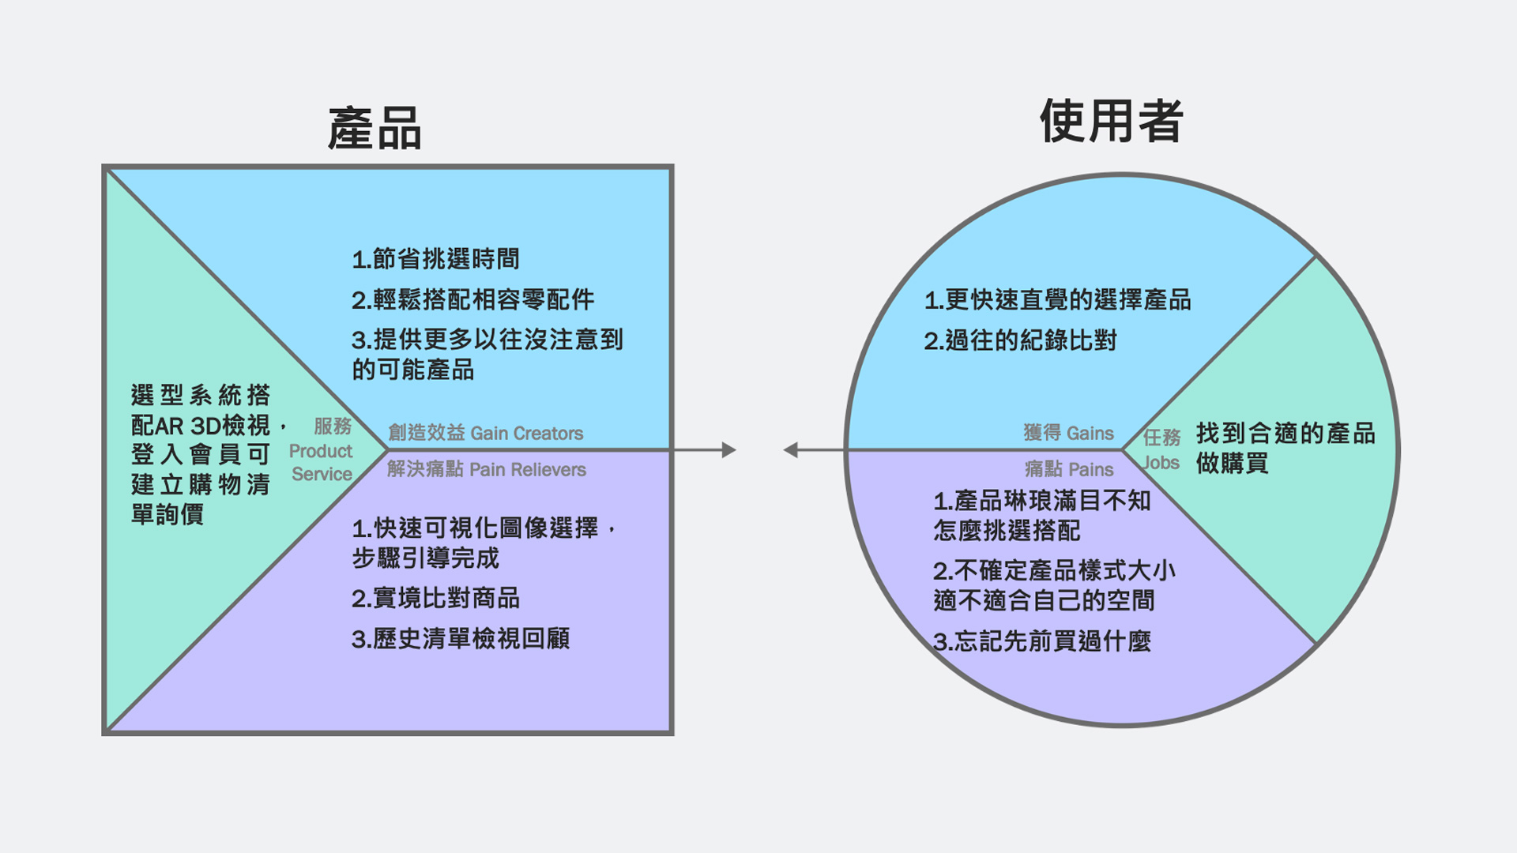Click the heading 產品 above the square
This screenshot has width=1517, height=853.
pyautogui.click(x=375, y=129)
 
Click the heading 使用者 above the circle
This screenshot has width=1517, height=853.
pyautogui.click(x=1111, y=121)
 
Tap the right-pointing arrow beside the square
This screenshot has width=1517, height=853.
pyautogui.click(x=728, y=450)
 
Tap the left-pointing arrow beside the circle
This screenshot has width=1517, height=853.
pyautogui.click(x=791, y=450)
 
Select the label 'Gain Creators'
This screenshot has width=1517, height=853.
pyautogui.click(x=526, y=434)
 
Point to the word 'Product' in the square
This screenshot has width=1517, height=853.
pyautogui.click(x=320, y=451)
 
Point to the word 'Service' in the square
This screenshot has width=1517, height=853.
pyautogui.click(x=322, y=474)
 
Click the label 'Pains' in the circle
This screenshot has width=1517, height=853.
pyautogui.click(x=1090, y=470)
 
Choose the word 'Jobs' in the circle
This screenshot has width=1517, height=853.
pyautogui.click(x=1161, y=463)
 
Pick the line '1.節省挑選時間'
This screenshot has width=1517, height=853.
pyautogui.click(x=435, y=259)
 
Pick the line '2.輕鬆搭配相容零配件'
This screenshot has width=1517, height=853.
pyautogui.click(x=472, y=300)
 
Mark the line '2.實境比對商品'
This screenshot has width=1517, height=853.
pyautogui.click(x=435, y=599)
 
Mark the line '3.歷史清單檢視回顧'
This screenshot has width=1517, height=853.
pyautogui.click(x=461, y=639)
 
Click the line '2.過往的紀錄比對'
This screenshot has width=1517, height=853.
pyautogui.click(x=1020, y=341)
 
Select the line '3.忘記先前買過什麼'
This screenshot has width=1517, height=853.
pyautogui.click(x=1041, y=641)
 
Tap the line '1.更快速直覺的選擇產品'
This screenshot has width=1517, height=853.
pyautogui.click(x=1057, y=300)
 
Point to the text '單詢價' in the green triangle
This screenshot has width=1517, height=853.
pyautogui.click(x=168, y=515)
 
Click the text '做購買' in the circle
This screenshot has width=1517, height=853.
pyautogui.click(x=1232, y=464)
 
